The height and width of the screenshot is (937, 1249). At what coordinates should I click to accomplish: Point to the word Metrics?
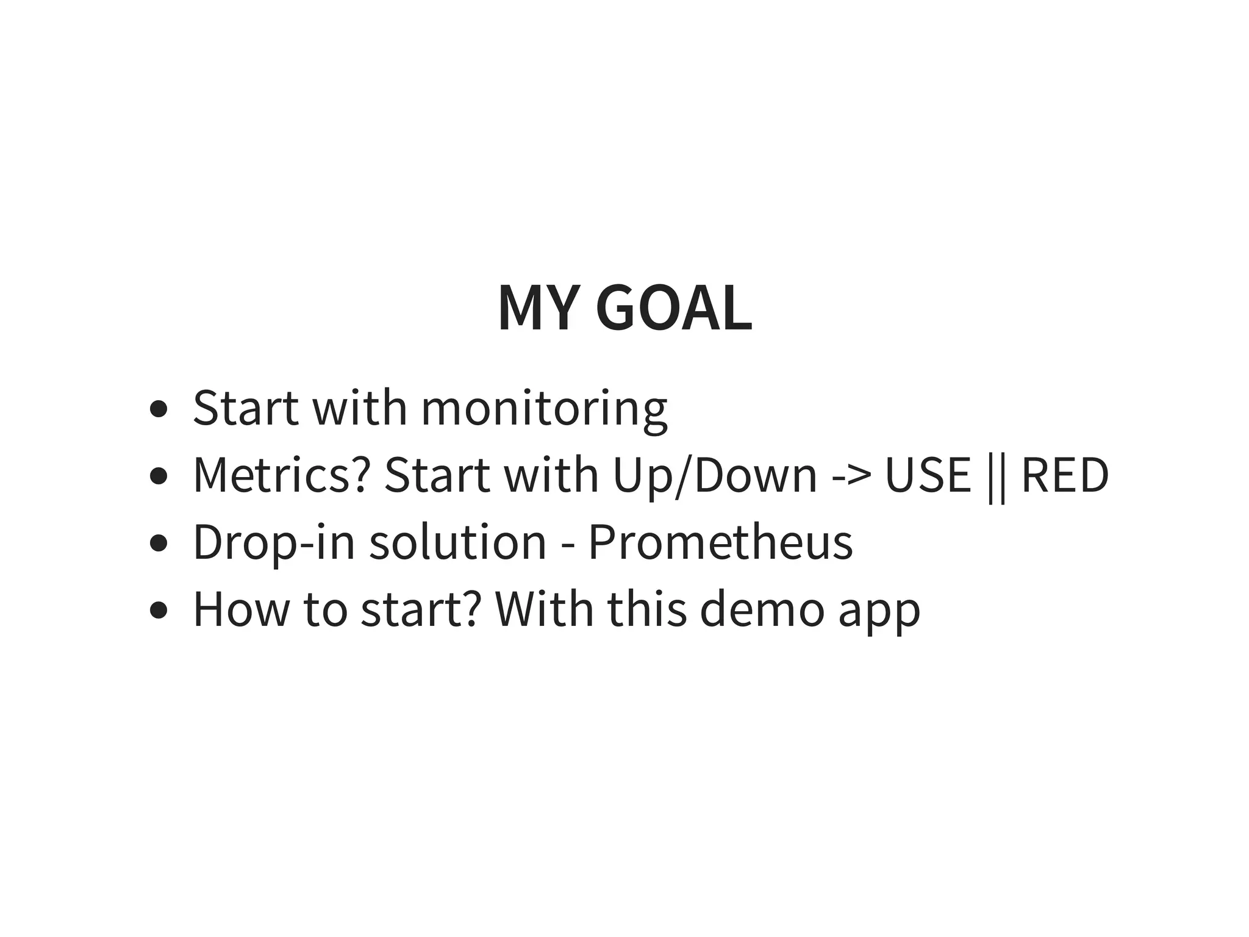point(281,476)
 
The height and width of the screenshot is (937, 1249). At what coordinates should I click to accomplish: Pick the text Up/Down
point(715,476)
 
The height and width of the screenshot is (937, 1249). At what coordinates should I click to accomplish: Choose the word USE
point(928,476)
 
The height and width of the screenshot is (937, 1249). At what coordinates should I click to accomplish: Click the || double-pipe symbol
point(996,477)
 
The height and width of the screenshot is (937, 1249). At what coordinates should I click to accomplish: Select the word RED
point(1065,476)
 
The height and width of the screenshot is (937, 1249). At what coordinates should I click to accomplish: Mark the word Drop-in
point(274,542)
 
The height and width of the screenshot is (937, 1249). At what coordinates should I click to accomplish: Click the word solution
point(457,542)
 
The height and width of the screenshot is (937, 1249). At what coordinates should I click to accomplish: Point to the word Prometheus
point(720,542)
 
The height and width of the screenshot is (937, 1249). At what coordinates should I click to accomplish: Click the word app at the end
point(879,612)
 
